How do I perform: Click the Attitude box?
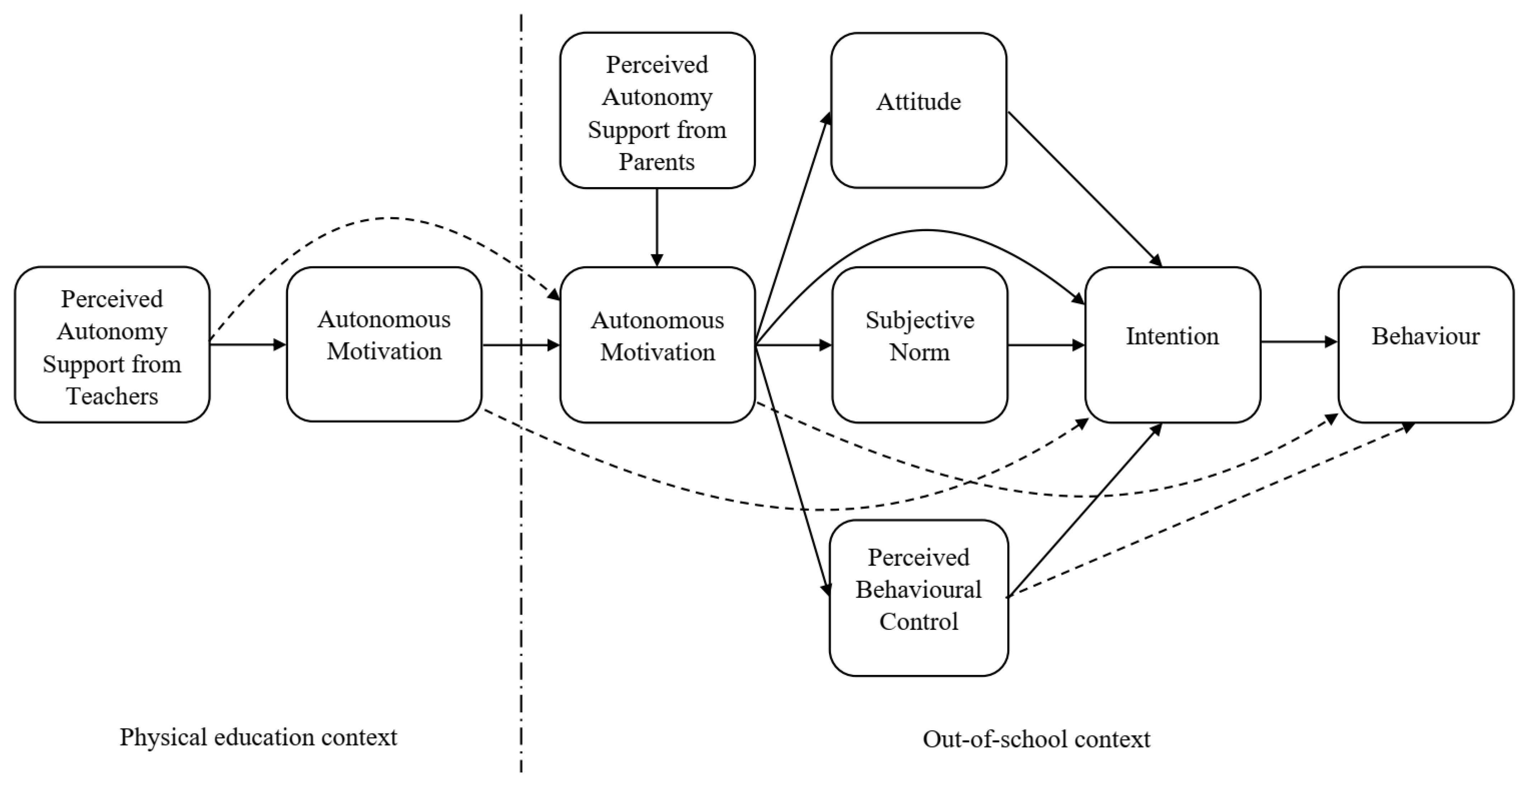pos(918,110)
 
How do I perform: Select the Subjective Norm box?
pos(919,344)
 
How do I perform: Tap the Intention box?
pos(1172,344)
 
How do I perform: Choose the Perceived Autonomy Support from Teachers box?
pos(112,344)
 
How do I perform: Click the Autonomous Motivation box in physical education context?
pos(384,344)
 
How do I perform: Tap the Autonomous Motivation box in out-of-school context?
pos(657,344)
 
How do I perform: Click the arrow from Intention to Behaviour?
pos(1299,342)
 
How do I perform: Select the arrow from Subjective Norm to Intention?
pos(1046,344)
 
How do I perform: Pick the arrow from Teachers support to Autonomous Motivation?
pos(247,344)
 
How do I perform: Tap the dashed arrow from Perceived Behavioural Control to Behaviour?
pos(1208,512)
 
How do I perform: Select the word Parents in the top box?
pos(657,162)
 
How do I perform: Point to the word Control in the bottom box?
pos(918,622)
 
